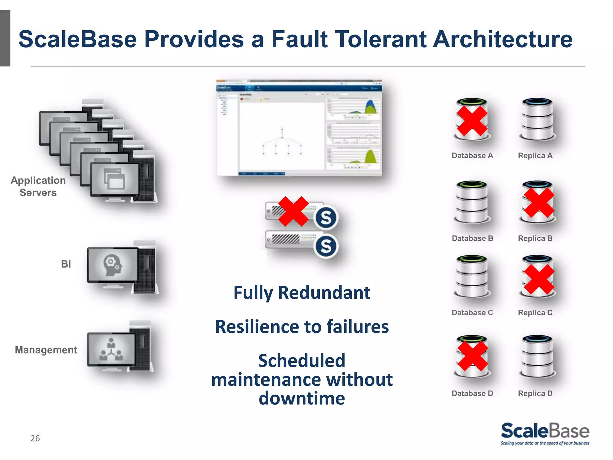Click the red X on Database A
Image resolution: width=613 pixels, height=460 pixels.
pyautogui.click(x=472, y=121)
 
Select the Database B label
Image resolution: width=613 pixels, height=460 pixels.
pyautogui.click(x=472, y=238)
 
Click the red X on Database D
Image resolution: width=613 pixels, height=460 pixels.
pyautogui.click(x=473, y=356)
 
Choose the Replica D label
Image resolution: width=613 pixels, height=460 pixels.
pyautogui.click(x=535, y=394)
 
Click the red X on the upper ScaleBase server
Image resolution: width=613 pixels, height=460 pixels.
pyautogui.click(x=293, y=211)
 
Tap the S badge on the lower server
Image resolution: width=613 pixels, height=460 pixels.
pyautogui.click(x=326, y=246)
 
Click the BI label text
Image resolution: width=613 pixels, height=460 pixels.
pyautogui.click(x=66, y=264)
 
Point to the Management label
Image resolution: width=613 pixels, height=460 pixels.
pyautogui.click(x=46, y=350)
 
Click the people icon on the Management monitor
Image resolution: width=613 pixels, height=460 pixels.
pyautogui.click(x=111, y=349)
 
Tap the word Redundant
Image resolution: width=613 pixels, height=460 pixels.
pyautogui.click(x=324, y=293)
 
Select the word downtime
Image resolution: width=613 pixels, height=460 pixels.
pyautogui.click(x=302, y=399)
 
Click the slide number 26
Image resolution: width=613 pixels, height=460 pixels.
pyautogui.click(x=35, y=438)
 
